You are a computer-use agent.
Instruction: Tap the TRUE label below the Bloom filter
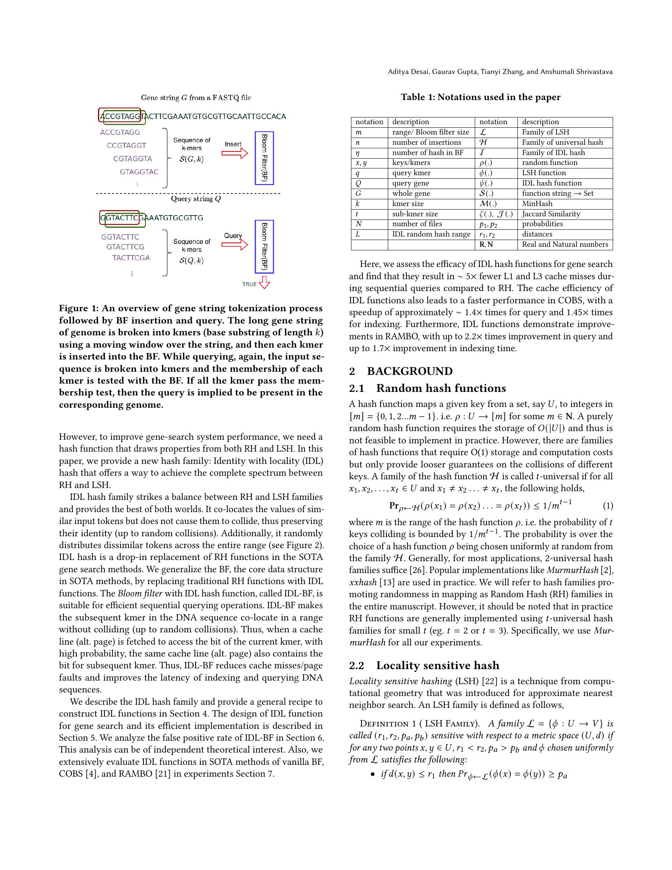(x=249, y=284)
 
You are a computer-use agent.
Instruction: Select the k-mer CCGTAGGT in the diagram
(x=126, y=146)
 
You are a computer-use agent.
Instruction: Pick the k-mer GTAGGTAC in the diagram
(x=139, y=172)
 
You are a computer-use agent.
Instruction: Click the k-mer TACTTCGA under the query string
(x=131, y=258)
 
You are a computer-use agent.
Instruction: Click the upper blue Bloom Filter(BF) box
(x=264, y=158)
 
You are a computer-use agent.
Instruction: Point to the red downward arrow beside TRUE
(x=264, y=283)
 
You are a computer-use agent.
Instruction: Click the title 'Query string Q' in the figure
(x=196, y=199)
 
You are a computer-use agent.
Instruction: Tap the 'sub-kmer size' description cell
(x=415, y=214)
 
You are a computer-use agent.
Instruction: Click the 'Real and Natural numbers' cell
(x=565, y=244)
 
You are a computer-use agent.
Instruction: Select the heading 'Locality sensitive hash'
(x=438, y=665)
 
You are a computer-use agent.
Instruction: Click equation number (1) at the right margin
(x=608, y=506)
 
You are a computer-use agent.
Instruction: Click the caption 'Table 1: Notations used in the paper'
(x=481, y=97)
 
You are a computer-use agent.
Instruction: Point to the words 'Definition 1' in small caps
(x=384, y=723)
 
